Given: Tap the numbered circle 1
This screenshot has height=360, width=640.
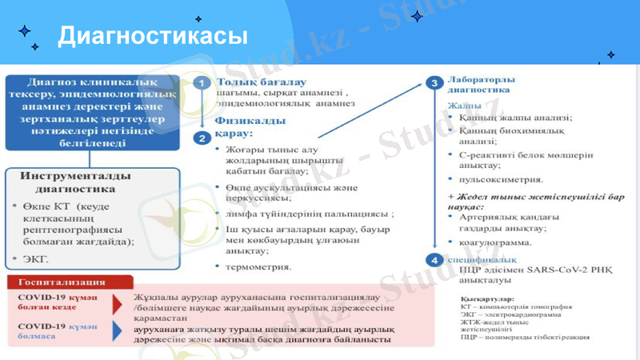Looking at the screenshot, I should (x=203, y=82).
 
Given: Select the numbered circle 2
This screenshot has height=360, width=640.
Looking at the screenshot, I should (x=203, y=137).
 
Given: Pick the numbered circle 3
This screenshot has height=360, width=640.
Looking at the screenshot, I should (x=434, y=82).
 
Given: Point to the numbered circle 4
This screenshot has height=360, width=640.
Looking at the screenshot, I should (x=434, y=260).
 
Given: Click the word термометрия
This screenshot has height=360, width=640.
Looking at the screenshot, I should (x=258, y=266).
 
